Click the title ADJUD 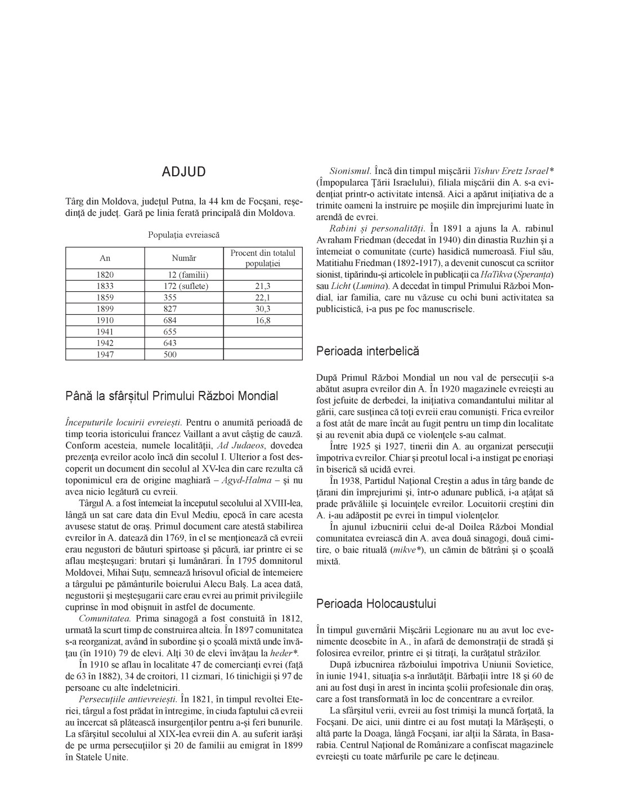pyautogui.click(x=183, y=172)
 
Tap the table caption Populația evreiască pyautogui.click(x=183, y=234)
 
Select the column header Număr pyautogui.click(x=183, y=258)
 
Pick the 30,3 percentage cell pyautogui.click(x=263, y=309)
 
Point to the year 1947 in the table pyautogui.click(x=105, y=354)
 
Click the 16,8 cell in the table pyautogui.click(x=263, y=320)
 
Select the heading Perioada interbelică pyautogui.click(x=368, y=351)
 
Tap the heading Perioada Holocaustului pyautogui.click(x=376, y=604)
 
